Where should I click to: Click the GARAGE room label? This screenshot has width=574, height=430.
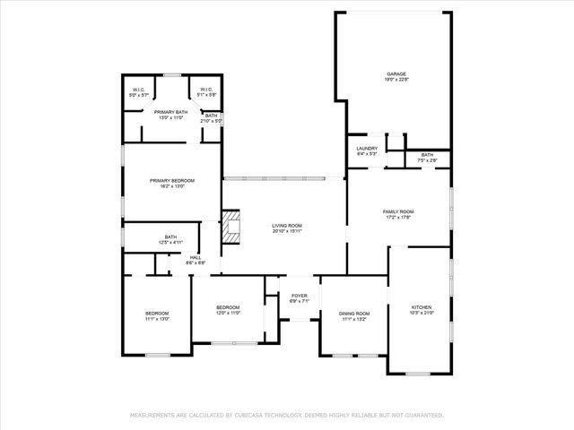pos(397,74)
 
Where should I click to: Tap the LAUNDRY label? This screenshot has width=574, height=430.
pos(366,148)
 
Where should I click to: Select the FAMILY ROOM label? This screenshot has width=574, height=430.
pos(397,211)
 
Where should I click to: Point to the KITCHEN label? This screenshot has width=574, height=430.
pos(422,306)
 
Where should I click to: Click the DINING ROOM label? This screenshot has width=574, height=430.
pos(354,313)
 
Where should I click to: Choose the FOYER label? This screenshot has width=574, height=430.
pos(299,296)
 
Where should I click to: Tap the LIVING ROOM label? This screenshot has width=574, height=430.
pos(288,226)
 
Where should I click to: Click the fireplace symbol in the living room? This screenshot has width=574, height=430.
pos(231,227)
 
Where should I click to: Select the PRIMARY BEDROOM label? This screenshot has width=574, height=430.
pos(171,180)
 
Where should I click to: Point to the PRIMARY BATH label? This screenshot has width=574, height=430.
pos(170,112)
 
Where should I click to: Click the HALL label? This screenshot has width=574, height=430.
pos(196,257)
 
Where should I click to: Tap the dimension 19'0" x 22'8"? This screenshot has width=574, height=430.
pos(397,81)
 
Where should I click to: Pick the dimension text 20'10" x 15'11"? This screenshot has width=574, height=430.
pos(288,232)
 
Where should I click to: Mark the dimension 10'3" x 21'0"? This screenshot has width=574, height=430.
pos(422,313)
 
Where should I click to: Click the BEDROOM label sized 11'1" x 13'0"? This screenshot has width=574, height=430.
pos(157,313)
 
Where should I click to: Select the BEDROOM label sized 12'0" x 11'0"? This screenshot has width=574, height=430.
pos(229,307)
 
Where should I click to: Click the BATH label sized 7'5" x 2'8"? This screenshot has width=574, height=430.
pos(427,154)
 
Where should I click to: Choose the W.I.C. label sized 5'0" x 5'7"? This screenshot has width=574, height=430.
pos(138,89)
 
